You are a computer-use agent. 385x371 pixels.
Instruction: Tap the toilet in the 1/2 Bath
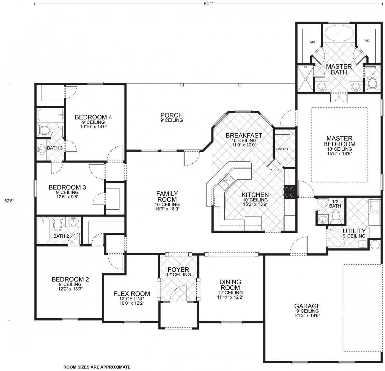click(x=336, y=217)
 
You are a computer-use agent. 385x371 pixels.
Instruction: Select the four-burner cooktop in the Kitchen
click(x=290, y=192)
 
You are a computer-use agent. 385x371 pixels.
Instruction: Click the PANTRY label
click(x=282, y=149)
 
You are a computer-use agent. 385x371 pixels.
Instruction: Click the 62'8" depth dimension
click(x=9, y=201)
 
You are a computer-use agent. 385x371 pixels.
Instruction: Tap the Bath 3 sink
click(x=42, y=149)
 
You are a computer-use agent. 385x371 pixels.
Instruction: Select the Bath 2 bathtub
click(x=43, y=230)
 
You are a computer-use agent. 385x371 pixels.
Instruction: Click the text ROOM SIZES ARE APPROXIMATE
click(x=97, y=367)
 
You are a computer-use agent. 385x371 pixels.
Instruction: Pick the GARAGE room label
click(x=307, y=306)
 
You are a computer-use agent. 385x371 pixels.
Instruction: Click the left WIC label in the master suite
click(x=312, y=42)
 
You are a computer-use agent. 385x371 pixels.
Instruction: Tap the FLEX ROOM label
click(x=132, y=294)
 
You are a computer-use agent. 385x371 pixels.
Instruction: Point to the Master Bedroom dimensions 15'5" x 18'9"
click(x=339, y=153)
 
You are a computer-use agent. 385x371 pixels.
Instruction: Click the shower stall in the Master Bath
click(x=305, y=78)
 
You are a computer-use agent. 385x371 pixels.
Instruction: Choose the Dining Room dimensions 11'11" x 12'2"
click(x=230, y=297)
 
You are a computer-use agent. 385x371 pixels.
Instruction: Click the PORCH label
click(x=172, y=115)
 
